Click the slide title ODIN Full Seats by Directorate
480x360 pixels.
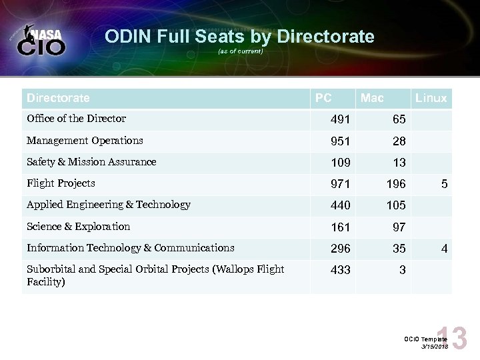(239, 36)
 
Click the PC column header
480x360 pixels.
(323, 98)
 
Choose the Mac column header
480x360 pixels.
(371, 99)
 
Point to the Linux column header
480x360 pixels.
(431, 99)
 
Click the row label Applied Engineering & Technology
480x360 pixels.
(108, 205)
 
